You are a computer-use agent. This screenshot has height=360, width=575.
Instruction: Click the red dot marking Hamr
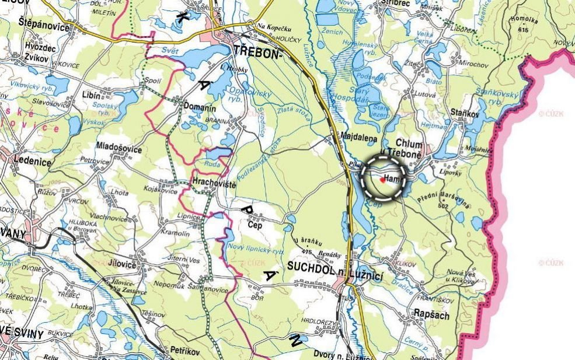click(x=382, y=180)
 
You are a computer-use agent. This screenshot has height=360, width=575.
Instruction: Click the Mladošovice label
click(x=119, y=149)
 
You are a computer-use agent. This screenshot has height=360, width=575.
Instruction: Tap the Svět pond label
click(x=170, y=50)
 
